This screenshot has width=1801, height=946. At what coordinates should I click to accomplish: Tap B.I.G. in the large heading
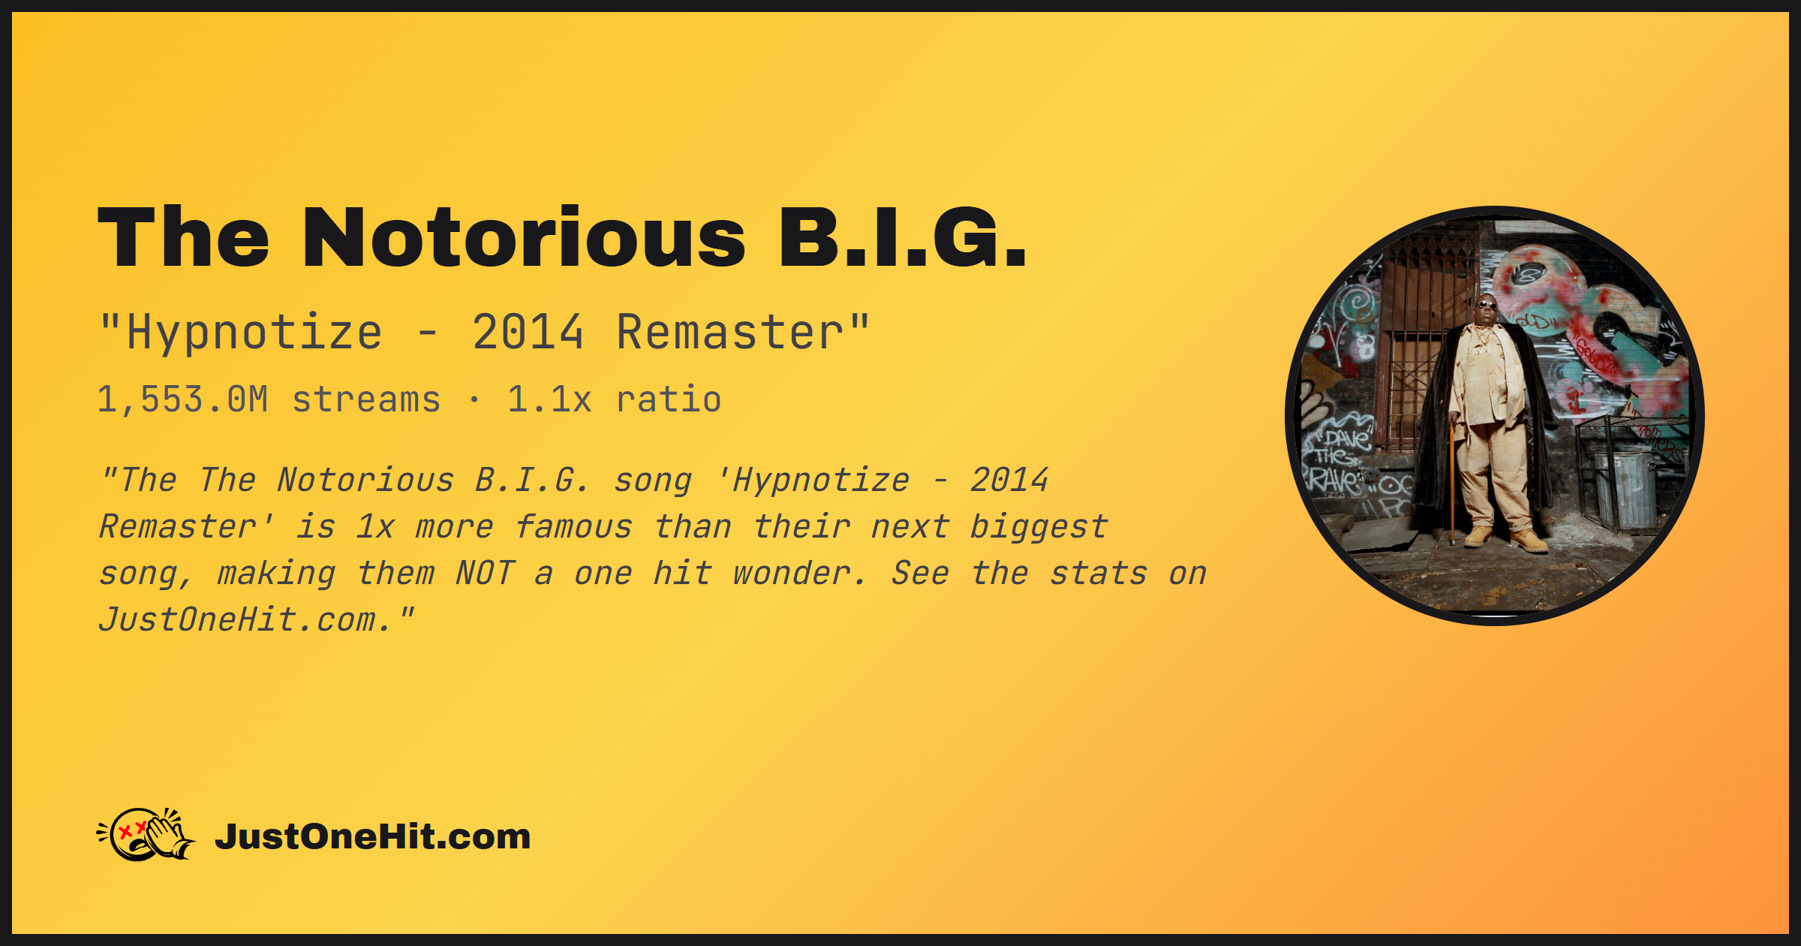tap(903, 237)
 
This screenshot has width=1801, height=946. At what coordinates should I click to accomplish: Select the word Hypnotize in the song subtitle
tap(255, 333)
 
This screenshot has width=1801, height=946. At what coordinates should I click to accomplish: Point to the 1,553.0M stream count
tap(183, 399)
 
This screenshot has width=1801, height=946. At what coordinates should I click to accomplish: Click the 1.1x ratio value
tap(549, 399)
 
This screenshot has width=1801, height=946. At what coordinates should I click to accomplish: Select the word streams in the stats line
tap(366, 399)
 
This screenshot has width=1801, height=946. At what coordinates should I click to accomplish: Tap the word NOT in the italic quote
tap(485, 574)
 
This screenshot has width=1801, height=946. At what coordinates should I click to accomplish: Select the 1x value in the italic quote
tap(375, 527)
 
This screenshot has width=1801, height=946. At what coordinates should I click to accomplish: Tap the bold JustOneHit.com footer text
tap(373, 836)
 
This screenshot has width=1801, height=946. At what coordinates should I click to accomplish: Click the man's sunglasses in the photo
tap(1487, 305)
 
